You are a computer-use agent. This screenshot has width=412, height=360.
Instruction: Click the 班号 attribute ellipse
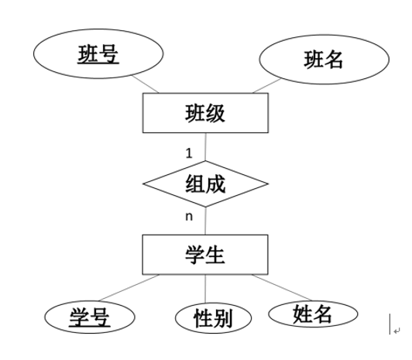click(98, 53)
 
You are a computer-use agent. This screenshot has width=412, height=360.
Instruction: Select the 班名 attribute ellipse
click(324, 60)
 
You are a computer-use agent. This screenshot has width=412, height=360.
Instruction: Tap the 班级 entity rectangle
click(205, 113)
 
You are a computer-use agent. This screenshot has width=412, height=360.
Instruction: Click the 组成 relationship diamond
click(205, 183)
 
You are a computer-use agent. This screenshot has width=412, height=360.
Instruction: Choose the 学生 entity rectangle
click(205, 255)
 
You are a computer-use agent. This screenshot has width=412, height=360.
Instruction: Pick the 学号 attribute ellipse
click(90, 317)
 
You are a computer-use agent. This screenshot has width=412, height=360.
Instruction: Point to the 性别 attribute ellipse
click(213, 318)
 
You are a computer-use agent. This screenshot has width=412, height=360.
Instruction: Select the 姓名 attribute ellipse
click(313, 314)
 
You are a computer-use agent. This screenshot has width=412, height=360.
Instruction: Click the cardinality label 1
click(189, 153)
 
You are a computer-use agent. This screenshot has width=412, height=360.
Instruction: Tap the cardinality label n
click(189, 217)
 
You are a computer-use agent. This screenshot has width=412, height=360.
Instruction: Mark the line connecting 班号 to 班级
click(146, 84)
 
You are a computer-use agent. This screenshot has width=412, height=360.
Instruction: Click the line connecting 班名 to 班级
click(266, 86)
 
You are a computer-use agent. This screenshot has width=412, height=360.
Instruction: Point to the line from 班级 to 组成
click(205, 147)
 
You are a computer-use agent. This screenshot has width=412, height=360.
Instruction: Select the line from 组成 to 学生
click(205, 221)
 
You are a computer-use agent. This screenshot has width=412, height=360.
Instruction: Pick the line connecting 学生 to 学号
click(129, 288)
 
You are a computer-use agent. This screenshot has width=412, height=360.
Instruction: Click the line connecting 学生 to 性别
click(205, 289)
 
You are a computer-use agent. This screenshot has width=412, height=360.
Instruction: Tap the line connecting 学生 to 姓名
click(281, 287)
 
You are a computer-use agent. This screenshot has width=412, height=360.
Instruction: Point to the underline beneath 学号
click(90, 327)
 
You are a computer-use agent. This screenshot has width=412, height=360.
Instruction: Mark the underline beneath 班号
click(98, 63)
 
